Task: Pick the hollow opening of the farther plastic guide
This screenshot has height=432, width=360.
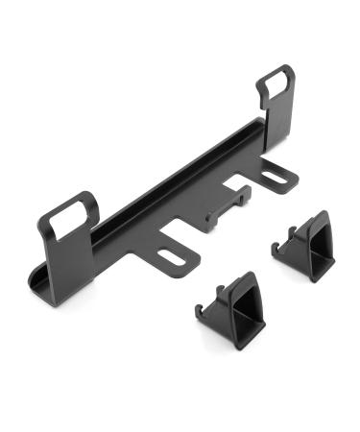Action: [x=311, y=243]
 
